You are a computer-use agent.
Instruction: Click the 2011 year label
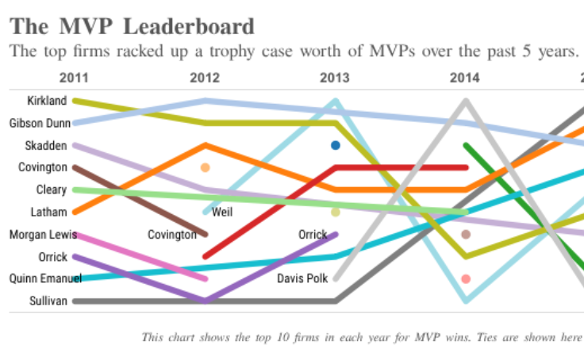(x=74, y=78)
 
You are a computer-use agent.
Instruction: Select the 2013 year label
(x=335, y=78)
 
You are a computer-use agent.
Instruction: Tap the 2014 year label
(x=465, y=78)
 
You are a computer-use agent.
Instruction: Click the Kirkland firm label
(x=47, y=101)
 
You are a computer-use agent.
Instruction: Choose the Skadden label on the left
(x=46, y=146)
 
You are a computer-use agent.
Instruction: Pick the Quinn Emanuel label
(x=36, y=278)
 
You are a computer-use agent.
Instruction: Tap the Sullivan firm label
(x=47, y=301)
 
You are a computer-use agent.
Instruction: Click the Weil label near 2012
(x=222, y=213)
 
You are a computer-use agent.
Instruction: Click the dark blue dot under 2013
(x=336, y=146)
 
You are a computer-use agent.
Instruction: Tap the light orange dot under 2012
(x=206, y=167)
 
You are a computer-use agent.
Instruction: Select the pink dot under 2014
(x=466, y=279)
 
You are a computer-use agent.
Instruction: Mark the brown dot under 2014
(x=466, y=235)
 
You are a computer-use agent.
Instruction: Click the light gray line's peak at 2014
(x=466, y=101)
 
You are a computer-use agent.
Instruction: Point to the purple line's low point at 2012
(x=206, y=300)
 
